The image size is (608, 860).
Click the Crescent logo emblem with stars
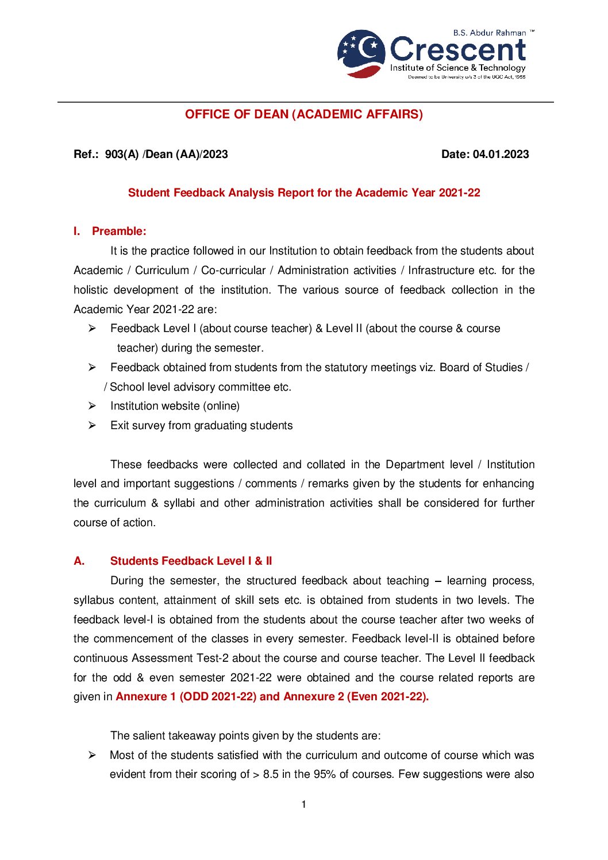(x=361, y=53)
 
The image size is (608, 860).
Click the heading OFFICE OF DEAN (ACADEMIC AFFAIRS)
(x=303, y=114)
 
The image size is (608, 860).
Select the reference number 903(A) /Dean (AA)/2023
(x=166, y=154)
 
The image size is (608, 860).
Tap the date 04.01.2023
(x=501, y=154)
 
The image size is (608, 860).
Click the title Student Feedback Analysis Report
(x=303, y=192)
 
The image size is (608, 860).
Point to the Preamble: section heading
(x=119, y=231)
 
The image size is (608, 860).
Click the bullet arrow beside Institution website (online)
(x=92, y=406)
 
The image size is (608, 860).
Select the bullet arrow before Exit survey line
(x=92, y=425)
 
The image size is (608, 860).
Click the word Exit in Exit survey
(x=120, y=425)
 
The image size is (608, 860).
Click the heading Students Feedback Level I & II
(x=191, y=561)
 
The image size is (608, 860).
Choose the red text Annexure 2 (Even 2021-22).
(x=356, y=696)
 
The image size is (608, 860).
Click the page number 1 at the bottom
(x=303, y=804)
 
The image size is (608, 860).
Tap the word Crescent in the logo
(x=457, y=50)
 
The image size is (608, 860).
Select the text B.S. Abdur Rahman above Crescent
(x=489, y=33)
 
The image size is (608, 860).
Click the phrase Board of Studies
(x=480, y=367)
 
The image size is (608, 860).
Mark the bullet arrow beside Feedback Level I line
(x=92, y=328)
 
